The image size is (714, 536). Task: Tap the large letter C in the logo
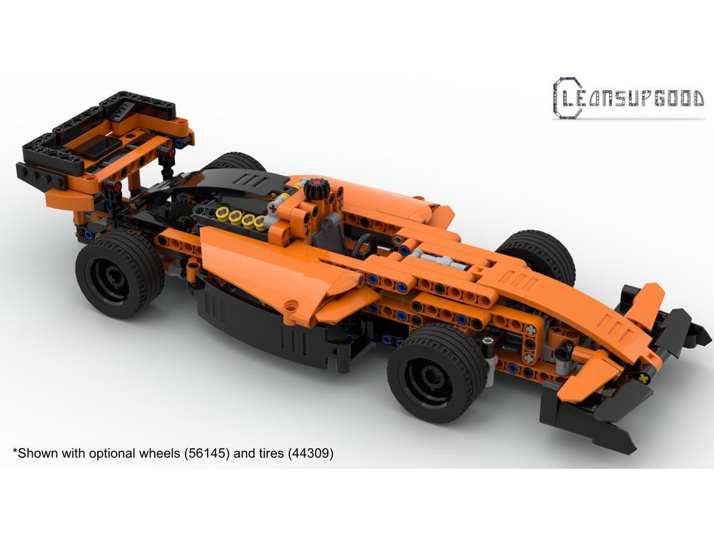point(565,97)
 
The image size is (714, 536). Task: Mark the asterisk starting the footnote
point(14,451)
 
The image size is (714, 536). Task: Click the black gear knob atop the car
point(316,190)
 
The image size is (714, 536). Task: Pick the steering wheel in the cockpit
point(365,244)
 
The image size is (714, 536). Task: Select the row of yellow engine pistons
point(241,217)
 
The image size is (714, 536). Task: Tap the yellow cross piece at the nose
point(645,377)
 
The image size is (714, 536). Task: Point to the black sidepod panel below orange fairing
point(271,329)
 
